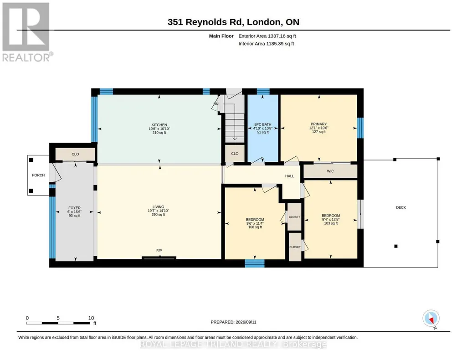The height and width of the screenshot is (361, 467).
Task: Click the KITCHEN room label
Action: (159, 125)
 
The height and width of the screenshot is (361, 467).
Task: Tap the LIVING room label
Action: (158, 207)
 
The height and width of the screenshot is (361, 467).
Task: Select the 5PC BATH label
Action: (263, 124)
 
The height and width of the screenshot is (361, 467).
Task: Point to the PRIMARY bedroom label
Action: (318, 124)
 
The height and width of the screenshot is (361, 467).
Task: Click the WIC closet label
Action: (330, 171)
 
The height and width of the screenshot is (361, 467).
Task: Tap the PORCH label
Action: (38, 175)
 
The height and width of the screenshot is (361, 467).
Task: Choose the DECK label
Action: (401, 207)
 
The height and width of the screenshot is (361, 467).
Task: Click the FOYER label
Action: (74, 208)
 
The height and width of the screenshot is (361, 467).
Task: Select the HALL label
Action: (289, 176)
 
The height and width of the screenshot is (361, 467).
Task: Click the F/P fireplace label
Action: (159, 251)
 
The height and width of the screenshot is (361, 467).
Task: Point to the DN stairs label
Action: (216, 104)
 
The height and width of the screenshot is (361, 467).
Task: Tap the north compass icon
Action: (431, 319)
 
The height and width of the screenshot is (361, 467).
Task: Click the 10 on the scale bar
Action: (91, 318)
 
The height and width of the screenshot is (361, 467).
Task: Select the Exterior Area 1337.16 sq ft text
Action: (267, 36)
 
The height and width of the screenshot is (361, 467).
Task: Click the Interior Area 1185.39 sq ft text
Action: (266, 44)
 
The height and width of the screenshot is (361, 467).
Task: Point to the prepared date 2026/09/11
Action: (246, 322)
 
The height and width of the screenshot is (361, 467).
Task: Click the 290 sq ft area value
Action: (158, 214)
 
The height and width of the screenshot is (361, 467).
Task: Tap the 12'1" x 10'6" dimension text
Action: (318, 128)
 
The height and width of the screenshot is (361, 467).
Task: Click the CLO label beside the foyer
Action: (75, 154)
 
